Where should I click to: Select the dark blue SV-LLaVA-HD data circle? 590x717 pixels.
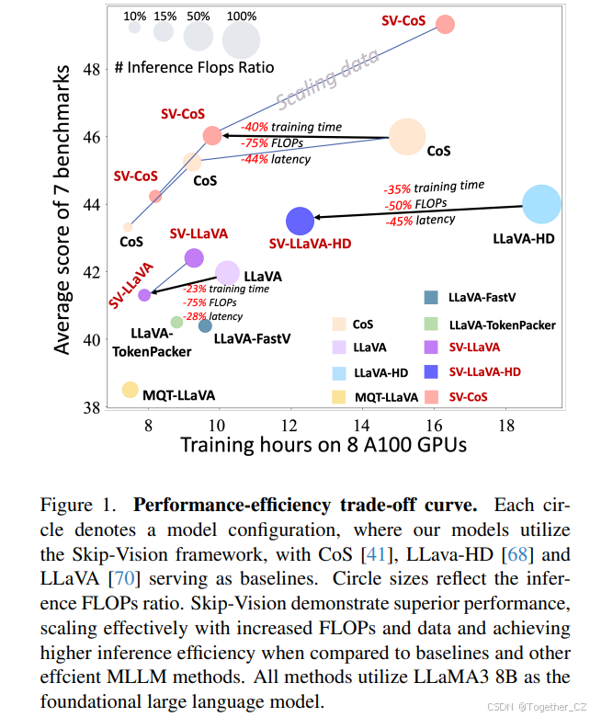click(x=300, y=221)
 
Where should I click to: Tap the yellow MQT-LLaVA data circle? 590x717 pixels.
click(x=130, y=390)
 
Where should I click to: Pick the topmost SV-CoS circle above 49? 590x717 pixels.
click(x=445, y=24)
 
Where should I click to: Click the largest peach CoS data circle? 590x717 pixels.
click(x=407, y=138)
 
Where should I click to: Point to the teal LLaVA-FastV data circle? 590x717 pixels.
click(x=205, y=325)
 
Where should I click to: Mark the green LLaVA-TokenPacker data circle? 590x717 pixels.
click(x=176, y=322)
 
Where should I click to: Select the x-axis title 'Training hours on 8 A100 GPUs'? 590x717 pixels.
click(x=323, y=446)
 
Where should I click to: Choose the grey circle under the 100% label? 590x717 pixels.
click(x=241, y=40)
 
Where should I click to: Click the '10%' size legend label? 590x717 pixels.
click(x=134, y=16)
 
